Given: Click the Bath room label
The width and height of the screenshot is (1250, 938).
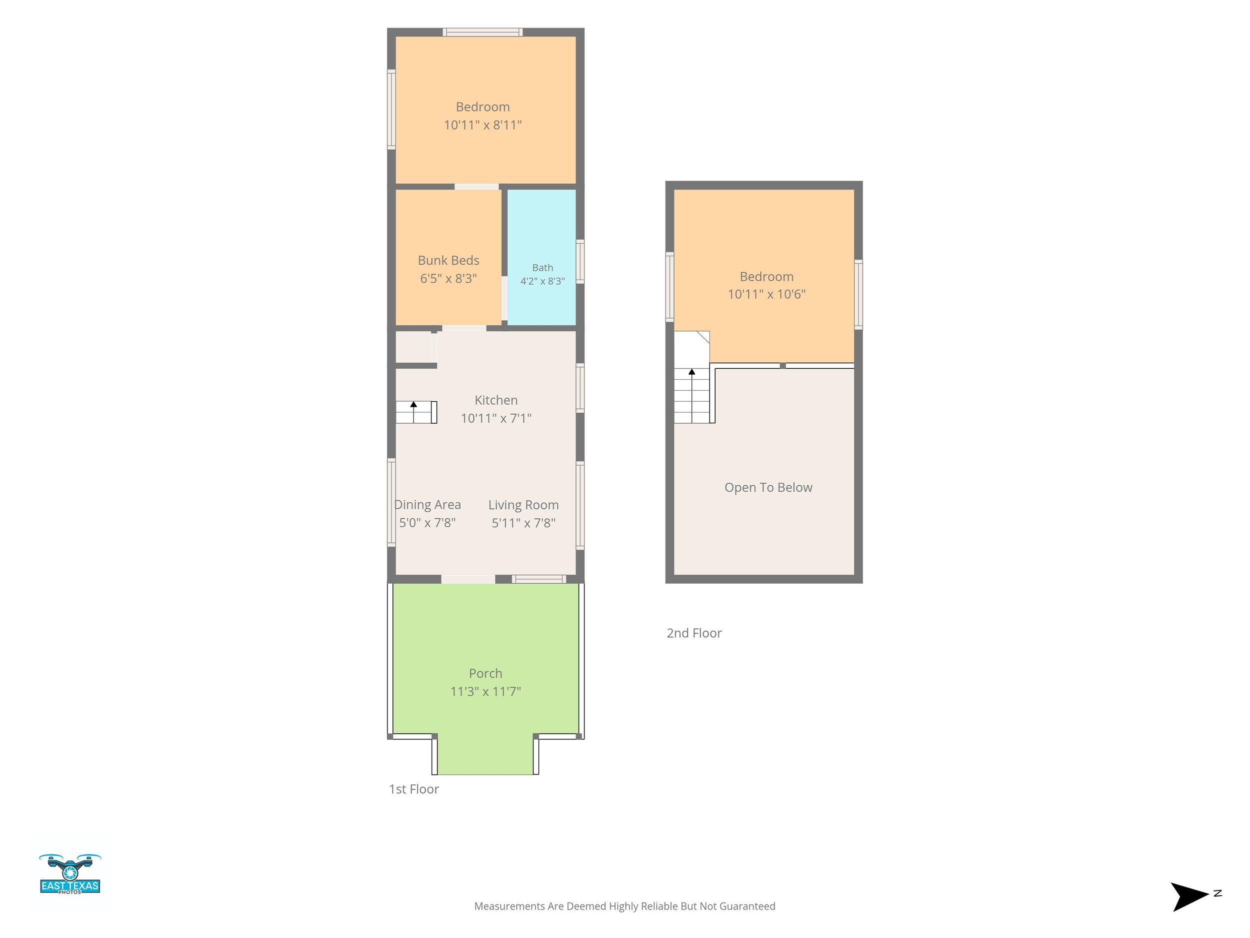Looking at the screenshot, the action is (x=542, y=268).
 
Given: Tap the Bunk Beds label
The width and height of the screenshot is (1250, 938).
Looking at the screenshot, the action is (x=448, y=260).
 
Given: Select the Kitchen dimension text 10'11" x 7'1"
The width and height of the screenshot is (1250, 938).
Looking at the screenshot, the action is (x=496, y=418).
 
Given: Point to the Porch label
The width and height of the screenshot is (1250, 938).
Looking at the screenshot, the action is (x=485, y=673).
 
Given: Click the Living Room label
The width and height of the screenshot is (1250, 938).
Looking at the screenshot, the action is (x=523, y=505).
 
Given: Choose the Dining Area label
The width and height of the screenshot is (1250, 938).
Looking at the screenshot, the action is (x=428, y=505).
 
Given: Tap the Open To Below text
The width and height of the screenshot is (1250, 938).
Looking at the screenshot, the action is (x=768, y=487).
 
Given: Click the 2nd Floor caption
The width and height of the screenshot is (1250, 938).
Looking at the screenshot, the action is (x=694, y=633).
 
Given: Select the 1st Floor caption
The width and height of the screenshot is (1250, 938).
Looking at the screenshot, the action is (x=413, y=789).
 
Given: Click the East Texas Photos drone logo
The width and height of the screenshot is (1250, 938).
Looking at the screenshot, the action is (x=70, y=874).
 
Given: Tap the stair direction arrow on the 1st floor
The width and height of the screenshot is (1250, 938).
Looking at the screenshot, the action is (x=413, y=412).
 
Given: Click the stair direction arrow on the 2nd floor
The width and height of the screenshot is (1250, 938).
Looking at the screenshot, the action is (x=691, y=395).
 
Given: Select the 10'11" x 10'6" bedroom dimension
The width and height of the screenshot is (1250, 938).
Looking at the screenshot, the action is (x=767, y=294).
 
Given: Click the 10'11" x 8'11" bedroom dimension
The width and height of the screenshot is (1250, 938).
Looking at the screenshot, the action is (x=482, y=125).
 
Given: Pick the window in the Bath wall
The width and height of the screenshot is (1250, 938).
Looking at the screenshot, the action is (x=580, y=262).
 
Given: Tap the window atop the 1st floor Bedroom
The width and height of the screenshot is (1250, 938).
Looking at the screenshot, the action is (x=482, y=32).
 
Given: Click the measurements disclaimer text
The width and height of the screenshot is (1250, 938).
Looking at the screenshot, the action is (x=624, y=906).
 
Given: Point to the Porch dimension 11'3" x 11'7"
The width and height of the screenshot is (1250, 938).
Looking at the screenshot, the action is (x=485, y=691).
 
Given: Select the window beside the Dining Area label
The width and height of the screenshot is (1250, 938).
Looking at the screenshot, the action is (x=391, y=503).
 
